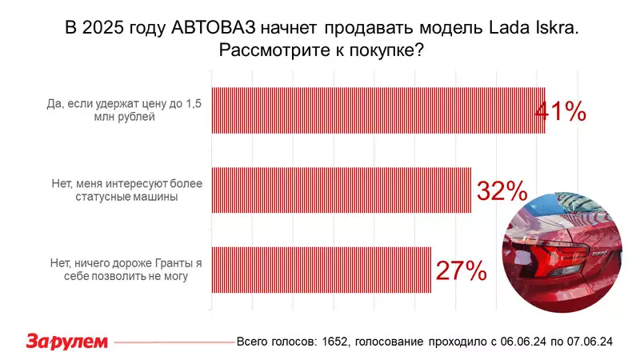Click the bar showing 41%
tap(378, 110)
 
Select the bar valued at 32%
tap(342, 190)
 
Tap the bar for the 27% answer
tap(322, 270)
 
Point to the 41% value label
tap(560, 111)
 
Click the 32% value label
tap(502, 190)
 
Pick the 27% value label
tap(462, 270)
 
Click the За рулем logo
tap(67, 342)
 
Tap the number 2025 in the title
tap(103, 28)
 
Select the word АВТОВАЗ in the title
tap(213, 28)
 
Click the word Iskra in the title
tap(556, 28)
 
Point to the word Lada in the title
tap(508, 28)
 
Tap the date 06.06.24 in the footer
tap(523, 342)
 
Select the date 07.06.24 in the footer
tap(590, 342)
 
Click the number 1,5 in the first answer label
tap(194, 104)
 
